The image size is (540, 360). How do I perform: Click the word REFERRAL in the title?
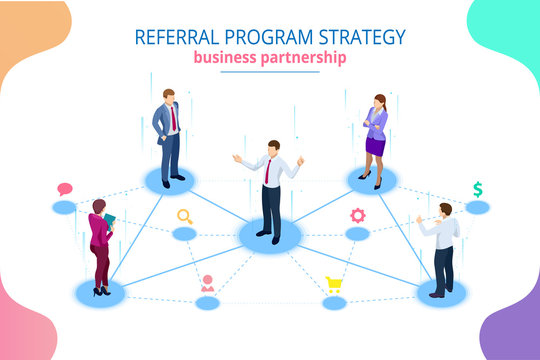(x=173, y=37)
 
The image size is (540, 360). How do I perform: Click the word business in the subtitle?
(x=221, y=58)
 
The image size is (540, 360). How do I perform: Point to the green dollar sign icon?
(x=478, y=188)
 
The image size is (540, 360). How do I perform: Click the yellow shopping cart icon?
(x=335, y=284)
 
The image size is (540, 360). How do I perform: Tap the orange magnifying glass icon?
(x=184, y=215)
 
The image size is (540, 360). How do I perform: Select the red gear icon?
(x=357, y=215)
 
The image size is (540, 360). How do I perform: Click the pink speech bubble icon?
(x=65, y=189)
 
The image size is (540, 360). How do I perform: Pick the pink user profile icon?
(x=207, y=283)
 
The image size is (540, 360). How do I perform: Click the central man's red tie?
(x=267, y=171)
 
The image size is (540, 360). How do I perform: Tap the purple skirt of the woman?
(x=375, y=146)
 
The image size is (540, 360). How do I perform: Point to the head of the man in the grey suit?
(x=169, y=96)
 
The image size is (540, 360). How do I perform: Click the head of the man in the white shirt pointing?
(x=445, y=209)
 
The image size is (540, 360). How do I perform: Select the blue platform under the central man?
(x=269, y=236)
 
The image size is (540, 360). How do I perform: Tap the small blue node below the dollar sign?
(x=478, y=208)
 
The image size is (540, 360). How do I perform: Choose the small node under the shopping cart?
(x=335, y=303)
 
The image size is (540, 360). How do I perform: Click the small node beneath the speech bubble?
(x=65, y=208)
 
